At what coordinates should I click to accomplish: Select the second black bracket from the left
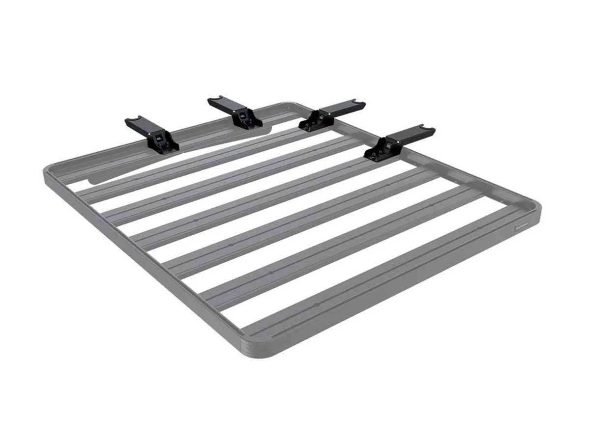click(x=235, y=114)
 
